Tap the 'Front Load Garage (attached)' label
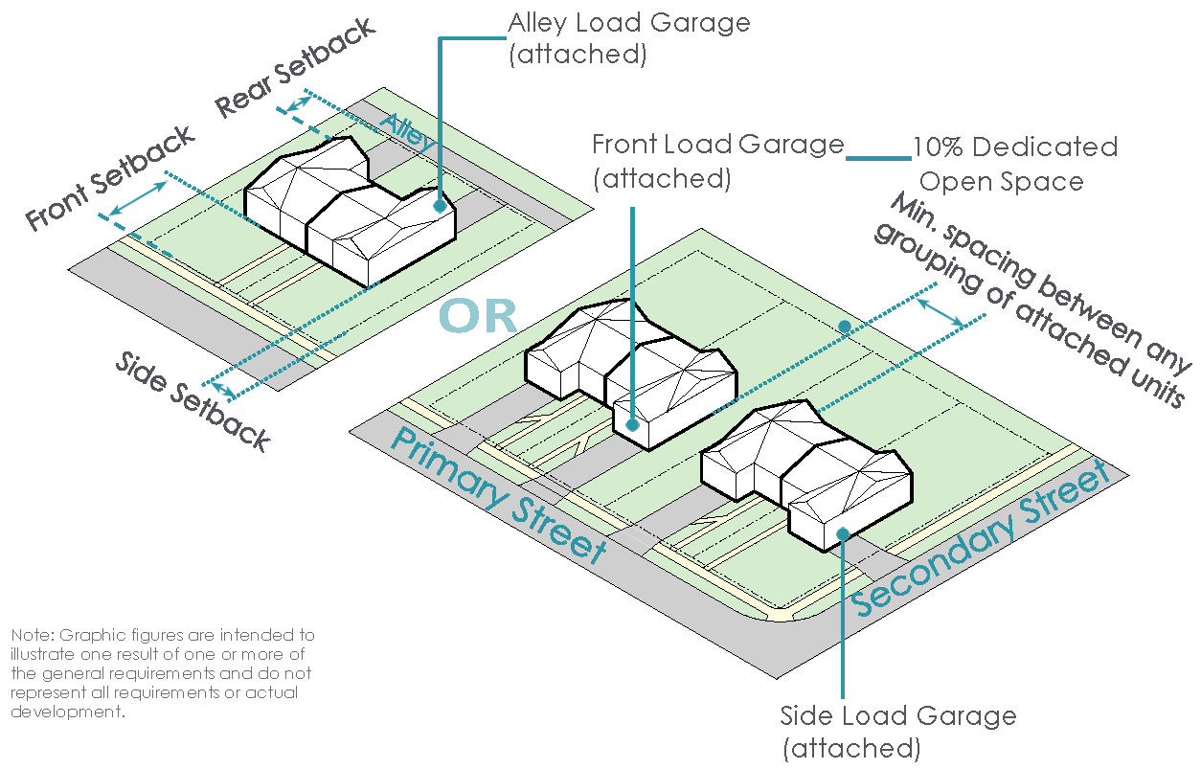click(x=717, y=161)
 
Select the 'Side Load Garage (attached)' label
click(x=897, y=731)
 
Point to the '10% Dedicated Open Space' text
click(x=1014, y=164)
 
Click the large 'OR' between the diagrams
click(x=479, y=317)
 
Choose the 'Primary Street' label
click(x=498, y=494)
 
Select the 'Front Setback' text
click(x=109, y=178)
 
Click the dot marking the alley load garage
click(x=439, y=205)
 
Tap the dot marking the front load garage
click(x=632, y=423)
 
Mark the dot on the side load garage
click(x=843, y=533)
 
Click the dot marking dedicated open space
click(x=844, y=328)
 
